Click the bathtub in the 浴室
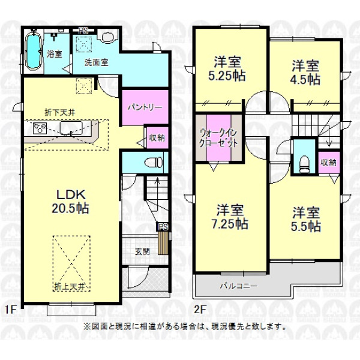coord(34,50)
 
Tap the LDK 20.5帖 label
coord(70,202)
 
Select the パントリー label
coord(145,107)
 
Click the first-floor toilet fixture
coord(153,163)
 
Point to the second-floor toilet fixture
coord(304,164)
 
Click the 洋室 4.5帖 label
coord(305,73)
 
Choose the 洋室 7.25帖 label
coord(230,217)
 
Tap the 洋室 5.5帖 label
coord(306,219)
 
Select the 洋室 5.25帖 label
coord(227,68)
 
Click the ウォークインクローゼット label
coord(218,138)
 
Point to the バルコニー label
coord(239,286)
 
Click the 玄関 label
coord(142,251)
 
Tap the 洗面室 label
coord(96,62)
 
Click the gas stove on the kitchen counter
coord(40,128)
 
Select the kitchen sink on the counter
coord(71,128)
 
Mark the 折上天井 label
coord(70,287)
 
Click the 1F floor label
coord(10,310)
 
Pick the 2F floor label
coord(200,310)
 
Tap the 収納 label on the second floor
coord(329,163)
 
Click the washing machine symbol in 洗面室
coord(108,36)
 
